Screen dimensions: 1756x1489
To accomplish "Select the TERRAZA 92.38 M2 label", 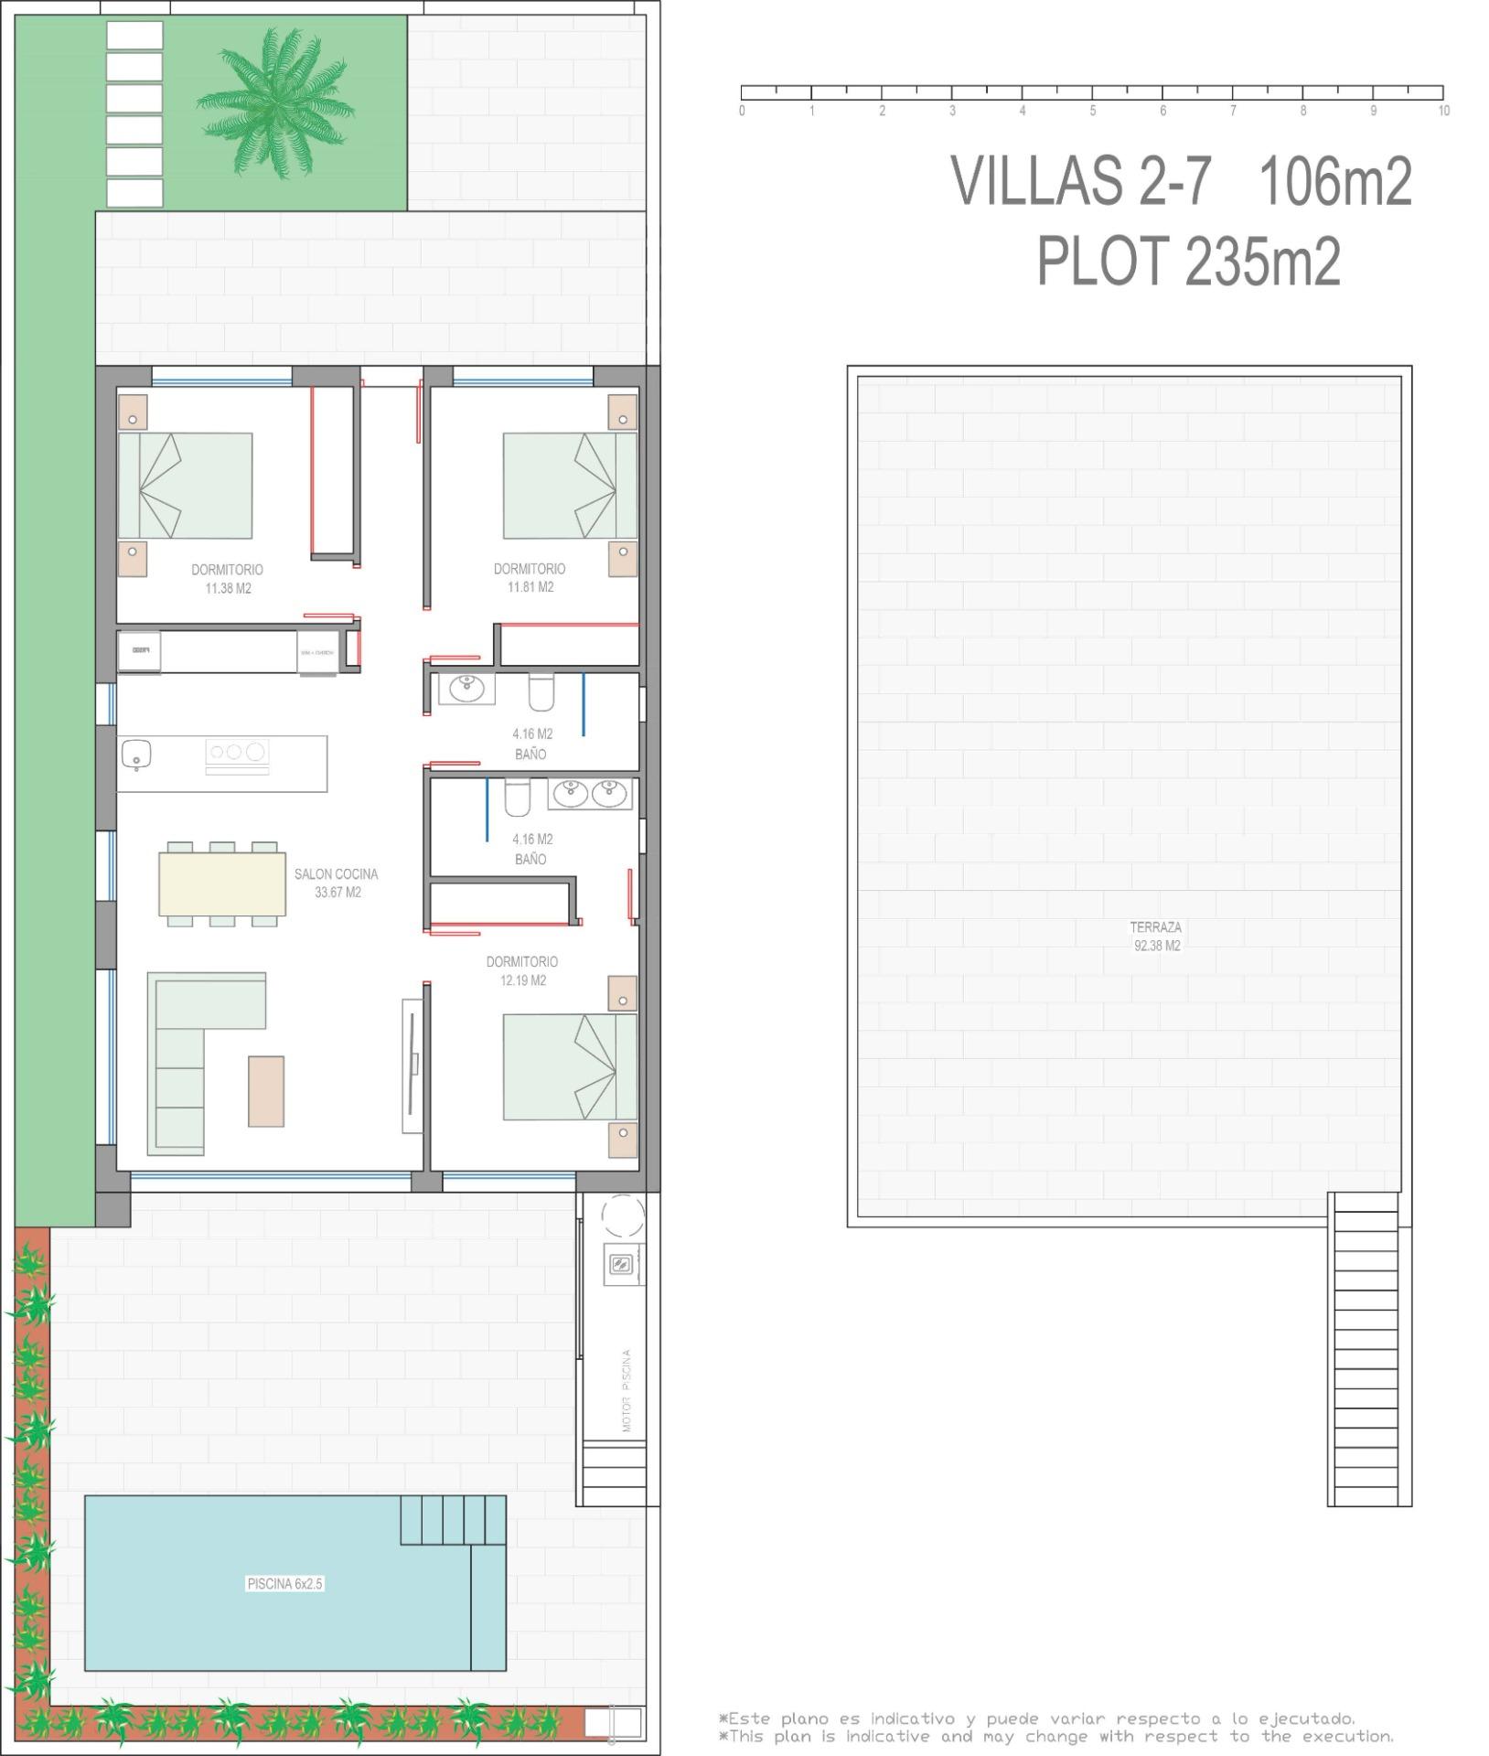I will click(x=1156, y=936).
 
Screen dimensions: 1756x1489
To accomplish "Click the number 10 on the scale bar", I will click(x=1443, y=111).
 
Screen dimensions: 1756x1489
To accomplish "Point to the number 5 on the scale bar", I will click(x=1092, y=111).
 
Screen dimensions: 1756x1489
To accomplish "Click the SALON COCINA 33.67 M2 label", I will click(x=336, y=883).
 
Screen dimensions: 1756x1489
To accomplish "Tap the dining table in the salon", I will click(x=222, y=883).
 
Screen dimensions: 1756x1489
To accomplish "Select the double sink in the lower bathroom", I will click(x=589, y=793).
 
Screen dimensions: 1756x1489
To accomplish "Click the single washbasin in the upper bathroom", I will click(x=466, y=687).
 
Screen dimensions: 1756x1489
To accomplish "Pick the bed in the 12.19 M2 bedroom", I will click(x=569, y=1066).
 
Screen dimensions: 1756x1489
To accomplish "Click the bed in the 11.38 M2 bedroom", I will click(x=186, y=486).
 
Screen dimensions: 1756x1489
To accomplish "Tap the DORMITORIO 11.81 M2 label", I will click(x=530, y=578).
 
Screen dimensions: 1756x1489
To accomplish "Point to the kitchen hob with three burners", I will click(x=237, y=753).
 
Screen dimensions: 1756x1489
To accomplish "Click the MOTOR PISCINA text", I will click(x=627, y=1389).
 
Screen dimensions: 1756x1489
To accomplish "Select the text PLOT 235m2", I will click(x=1188, y=262).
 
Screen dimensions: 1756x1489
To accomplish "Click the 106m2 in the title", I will click(x=1335, y=180).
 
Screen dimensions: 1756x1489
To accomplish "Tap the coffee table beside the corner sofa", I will click(x=266, y=1091).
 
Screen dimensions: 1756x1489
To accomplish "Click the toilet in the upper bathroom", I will click(x=541, y=692).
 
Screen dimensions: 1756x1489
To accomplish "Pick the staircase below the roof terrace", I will click(x=1363, y=1350).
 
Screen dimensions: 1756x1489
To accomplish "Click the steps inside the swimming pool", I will click(x=453, y=1519).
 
